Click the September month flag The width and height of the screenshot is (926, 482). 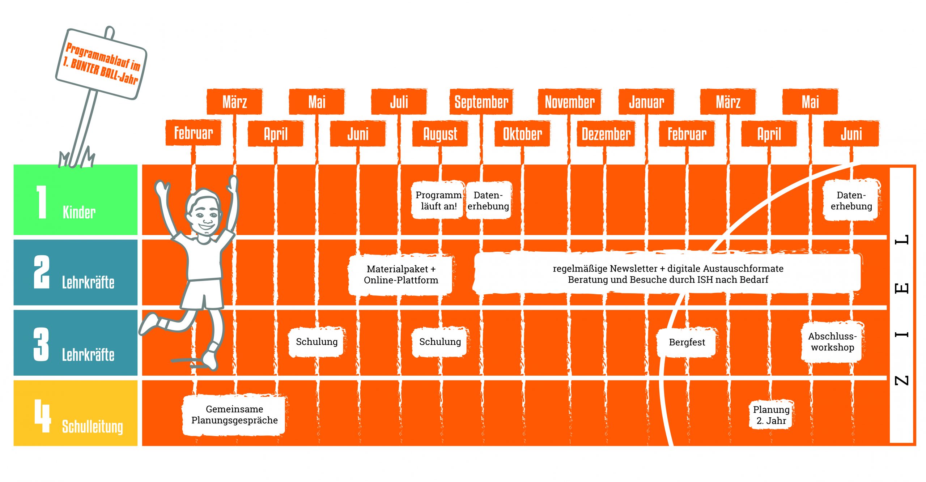[481, 102]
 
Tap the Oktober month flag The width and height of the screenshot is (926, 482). [522, 134]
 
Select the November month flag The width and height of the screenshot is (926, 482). [570, 102]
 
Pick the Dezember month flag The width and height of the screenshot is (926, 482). [606, 134]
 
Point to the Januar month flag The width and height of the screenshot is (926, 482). [646, 102]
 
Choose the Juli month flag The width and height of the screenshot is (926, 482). [399, 102]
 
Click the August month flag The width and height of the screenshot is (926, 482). [440, 134]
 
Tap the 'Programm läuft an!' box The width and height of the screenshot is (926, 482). [438, 200]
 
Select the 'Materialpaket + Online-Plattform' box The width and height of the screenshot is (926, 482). [401, 274]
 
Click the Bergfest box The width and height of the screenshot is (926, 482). [687, 342]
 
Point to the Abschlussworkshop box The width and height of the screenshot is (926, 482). [832, 342]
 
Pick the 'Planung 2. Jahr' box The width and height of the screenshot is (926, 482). [771, 415]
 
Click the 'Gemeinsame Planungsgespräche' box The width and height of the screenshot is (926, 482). [234, 415]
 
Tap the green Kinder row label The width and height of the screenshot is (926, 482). [76, 200]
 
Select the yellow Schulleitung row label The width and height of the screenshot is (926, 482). [76, 413]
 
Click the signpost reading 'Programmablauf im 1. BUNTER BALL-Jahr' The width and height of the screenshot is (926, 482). [102, 63]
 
